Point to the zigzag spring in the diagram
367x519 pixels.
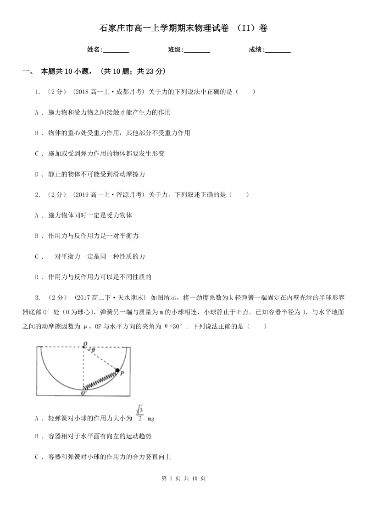(100, 380)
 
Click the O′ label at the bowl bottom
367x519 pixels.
(84, 393)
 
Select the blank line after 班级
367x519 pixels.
(197, 50)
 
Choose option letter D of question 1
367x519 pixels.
(37, 174)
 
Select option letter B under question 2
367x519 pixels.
(37, 236)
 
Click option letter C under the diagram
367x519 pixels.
(37, 457)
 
